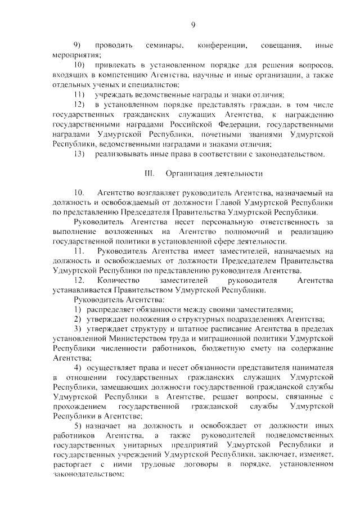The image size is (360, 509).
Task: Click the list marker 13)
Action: tap(80, 154)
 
